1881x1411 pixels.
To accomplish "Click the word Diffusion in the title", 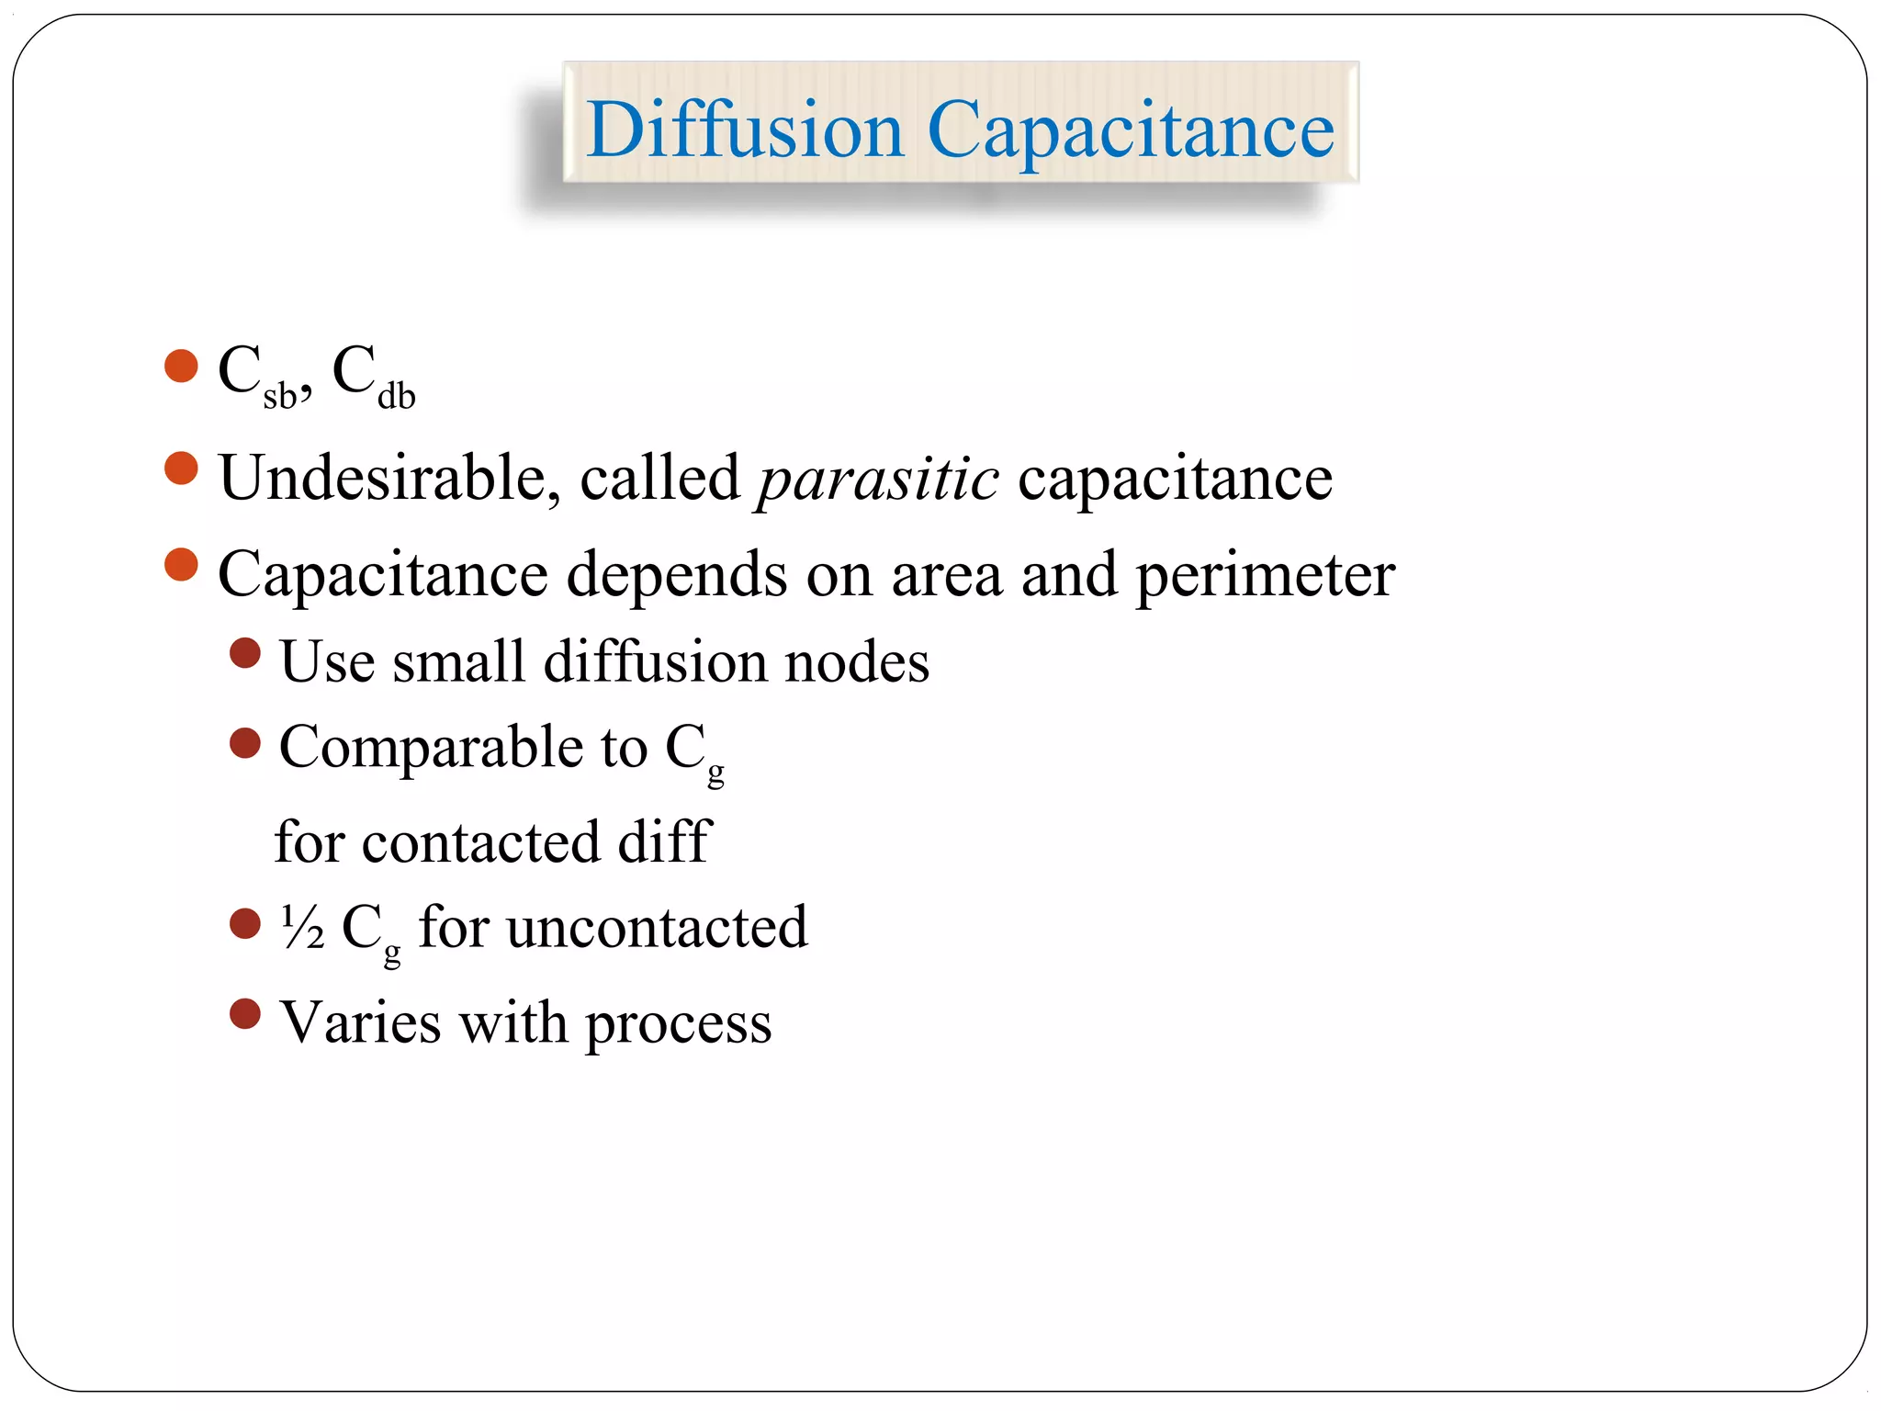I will (745, 130).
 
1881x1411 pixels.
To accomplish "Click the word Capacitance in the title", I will (1131, 130).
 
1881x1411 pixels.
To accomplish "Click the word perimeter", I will (1266, 575).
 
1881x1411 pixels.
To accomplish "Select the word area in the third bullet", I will (946, 575).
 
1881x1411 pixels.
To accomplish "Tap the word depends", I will (677, 575).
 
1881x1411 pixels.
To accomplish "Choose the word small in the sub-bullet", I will (458, 661).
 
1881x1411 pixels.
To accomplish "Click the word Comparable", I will (431, 746).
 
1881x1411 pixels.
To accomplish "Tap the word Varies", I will (360, 1022).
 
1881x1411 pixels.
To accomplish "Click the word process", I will (679, 1023).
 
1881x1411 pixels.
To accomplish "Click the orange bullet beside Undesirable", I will (181, 468).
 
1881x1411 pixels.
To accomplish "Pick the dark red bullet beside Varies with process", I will (245, 1014).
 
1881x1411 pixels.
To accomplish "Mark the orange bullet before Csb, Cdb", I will (181, 366).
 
